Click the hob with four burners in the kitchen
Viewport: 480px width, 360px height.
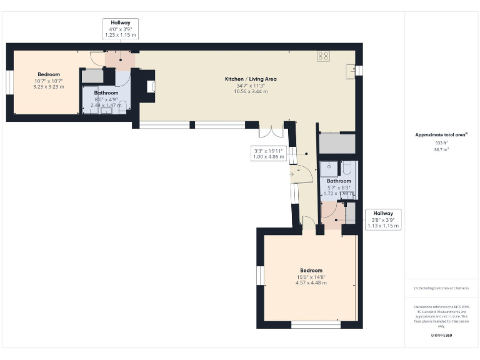click(x=324, y=56)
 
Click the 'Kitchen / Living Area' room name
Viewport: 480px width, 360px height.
click(x=251, y=79)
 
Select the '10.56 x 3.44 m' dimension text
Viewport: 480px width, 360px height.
click(x=251, y=92)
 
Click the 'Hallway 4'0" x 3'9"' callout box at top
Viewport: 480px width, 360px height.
click(x=120, y=29)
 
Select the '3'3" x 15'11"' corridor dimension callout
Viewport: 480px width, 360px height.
click(x=269, y=154)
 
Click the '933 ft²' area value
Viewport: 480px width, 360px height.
click(x=442, y=142)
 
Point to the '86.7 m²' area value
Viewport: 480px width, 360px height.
click(x=442, y=150)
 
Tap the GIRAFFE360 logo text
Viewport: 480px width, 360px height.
click(x=441, y=336)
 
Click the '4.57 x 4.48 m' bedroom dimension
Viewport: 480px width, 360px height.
click(x=311, y=283)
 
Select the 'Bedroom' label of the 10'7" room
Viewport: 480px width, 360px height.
click(x=48, y=74)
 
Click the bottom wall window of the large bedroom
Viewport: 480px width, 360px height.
click(x=316, y=325)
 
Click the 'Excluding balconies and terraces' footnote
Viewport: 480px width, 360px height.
click(x=441, y=288)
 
